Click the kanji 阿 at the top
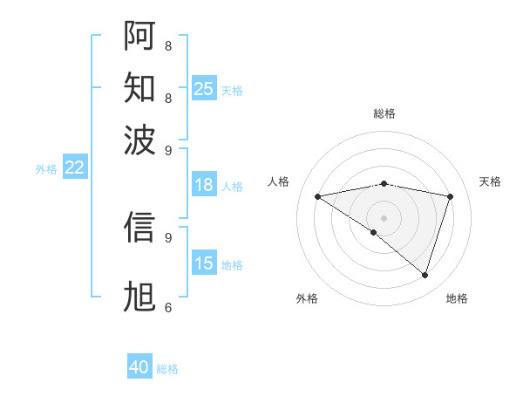(x=139, y=36)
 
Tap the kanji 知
(x=139, y=87)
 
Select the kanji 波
(x=139, y=139)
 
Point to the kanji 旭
(x=139, y=297)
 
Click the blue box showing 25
(x=203, y=88)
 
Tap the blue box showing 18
(x=203, y=185)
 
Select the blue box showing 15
(x=203, y=263)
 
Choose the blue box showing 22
(x=74, y=167)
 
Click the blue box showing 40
(x=139, y=367)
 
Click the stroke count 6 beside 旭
(x=167, y=307)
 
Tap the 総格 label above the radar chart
(x=384, y=113)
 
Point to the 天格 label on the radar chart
(x=490, y=181)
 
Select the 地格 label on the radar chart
(x=457, y=298)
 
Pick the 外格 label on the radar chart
(x=307, y=298)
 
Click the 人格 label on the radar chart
(x=279, y=181)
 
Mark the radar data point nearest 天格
(x=450, y=196)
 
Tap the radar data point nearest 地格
(x=425, y=275)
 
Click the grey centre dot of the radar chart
(x=384, y=217)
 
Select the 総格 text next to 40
(x=167, y=369)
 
